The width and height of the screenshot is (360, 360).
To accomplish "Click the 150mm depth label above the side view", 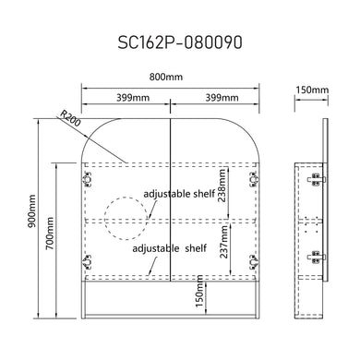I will click(313, 90).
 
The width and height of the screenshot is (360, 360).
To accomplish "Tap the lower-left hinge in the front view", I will click(90, 259).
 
